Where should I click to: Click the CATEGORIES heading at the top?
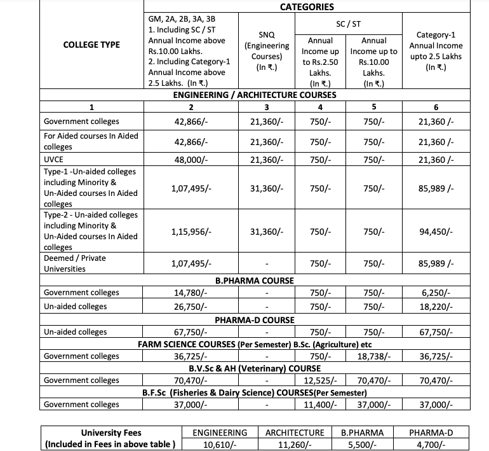point(307,7)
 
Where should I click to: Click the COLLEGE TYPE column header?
point(92,45)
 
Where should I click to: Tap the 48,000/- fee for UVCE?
point(192,160)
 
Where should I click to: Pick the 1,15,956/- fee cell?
point(192,232)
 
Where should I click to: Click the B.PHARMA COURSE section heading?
point(255,280)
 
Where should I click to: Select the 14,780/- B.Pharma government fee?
point(191,293)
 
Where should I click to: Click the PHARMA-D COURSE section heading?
point(255,319)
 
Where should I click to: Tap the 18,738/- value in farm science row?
point(378,356)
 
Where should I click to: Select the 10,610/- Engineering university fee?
point(220,445)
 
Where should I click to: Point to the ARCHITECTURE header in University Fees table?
point(295,433)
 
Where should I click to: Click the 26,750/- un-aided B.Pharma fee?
point(191,306)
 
